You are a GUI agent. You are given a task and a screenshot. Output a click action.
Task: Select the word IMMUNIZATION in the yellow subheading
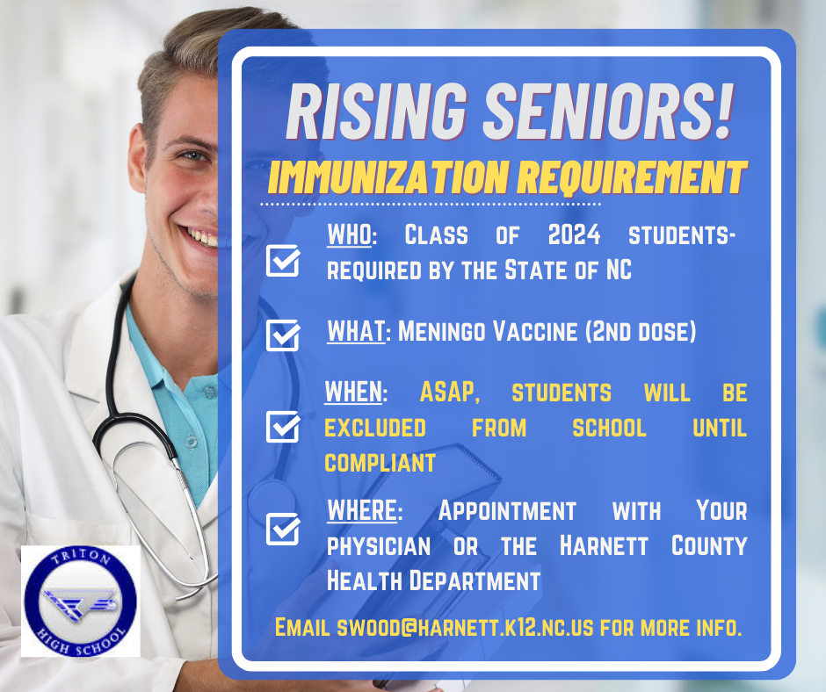pyautogui.click(x=388, y=178)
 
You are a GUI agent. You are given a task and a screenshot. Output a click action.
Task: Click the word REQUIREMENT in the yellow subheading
pyautogui.click(x=631, y=178)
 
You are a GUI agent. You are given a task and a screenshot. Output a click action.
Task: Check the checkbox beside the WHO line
pyautogui.click(x=283, y=261)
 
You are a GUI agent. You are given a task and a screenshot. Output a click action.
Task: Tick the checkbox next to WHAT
pyautogui.click(x=283, y=335)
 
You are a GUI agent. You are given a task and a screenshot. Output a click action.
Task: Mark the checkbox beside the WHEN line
pyautogui.click(x=283, y=427)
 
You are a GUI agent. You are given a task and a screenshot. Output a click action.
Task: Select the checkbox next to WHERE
pyautogui.click(x=283, y=529)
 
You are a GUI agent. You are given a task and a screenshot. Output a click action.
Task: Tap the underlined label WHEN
pyautogui.click(x=353, y=393)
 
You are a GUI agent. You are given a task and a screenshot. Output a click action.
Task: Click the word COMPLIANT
pyautogui.click(x=380, y=463)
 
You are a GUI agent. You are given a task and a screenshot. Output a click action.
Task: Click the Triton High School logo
pyautogui.click(x=81, y=601)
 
